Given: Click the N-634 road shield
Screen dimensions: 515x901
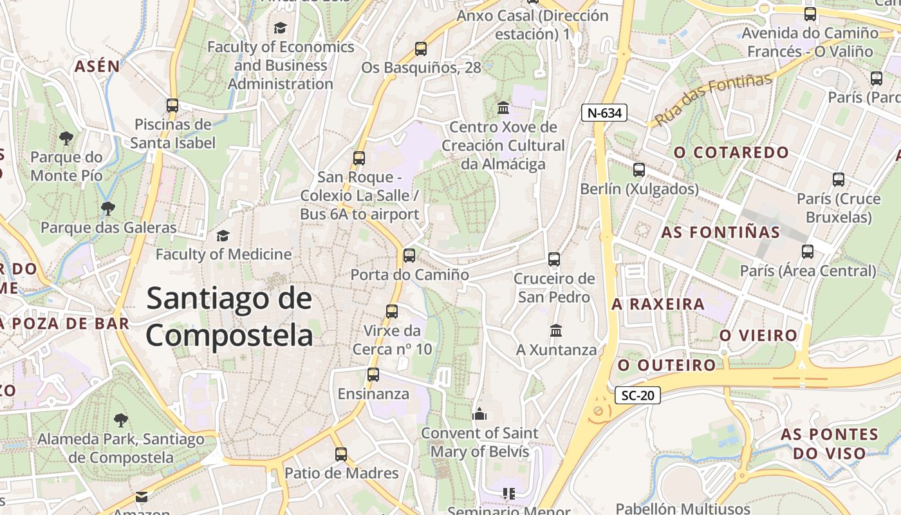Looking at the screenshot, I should (x=604, y=113).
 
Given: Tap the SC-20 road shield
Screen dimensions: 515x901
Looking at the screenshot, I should (x=637, y=395).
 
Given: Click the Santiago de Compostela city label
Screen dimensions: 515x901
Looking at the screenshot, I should (x=229, y=317).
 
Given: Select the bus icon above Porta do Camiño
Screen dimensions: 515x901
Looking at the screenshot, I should (x=409, y=255).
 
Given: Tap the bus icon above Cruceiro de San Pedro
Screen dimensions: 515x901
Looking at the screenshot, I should (x=554, y=259).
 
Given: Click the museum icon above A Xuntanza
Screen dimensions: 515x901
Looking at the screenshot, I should (x=556, y=330).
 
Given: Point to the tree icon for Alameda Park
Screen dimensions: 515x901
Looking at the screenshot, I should (x=120, y=420).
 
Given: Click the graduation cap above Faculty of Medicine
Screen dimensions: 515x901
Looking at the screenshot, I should (x=223, y=236).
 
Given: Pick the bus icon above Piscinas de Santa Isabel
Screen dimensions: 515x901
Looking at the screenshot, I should (x=172, y=105).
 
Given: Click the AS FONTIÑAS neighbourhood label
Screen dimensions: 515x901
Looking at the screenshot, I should (x=720, y=232).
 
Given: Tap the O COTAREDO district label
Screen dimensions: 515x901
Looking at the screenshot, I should (x=731, y=153).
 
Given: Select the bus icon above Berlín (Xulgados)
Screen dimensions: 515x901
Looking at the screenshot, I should (x=638, y=170).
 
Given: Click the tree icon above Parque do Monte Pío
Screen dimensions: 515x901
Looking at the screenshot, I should (x=66, y=138).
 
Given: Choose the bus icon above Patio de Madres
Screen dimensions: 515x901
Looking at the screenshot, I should (x=341, y=454).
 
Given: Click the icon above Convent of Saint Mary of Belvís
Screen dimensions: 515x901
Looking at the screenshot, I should (x=479, y=414).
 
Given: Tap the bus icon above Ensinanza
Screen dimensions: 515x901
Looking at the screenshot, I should (x=373, y=374).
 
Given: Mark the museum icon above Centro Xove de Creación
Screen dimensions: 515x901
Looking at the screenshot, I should (x=503, y=107).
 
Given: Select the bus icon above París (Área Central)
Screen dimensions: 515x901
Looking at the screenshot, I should (x=808, y=252).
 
